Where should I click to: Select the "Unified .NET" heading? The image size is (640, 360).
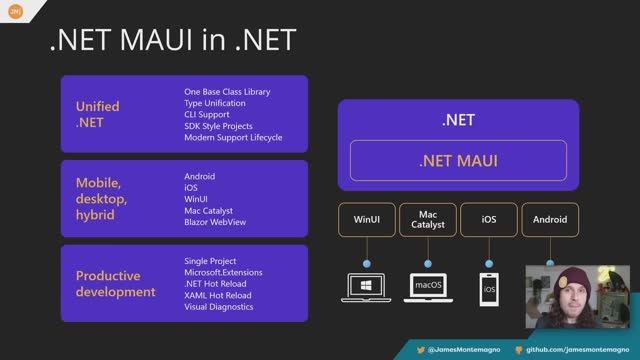(97, 114)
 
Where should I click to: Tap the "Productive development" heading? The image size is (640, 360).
(115, 284)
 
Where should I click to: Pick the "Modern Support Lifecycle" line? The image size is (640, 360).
(233, 138)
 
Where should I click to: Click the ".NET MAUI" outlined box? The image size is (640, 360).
(458, 160)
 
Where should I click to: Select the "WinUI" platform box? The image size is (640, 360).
(367, 219)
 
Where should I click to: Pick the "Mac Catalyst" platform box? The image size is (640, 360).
(428, 219)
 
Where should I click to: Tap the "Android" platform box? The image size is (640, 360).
(550, 219)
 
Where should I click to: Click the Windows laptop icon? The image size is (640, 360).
(367, 286)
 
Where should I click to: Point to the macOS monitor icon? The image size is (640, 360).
(428, 286)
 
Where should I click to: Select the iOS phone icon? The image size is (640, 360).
(489, 288)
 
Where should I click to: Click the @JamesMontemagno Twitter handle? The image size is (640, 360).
(464, 351)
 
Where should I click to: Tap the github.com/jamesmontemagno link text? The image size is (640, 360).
(581, 351)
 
